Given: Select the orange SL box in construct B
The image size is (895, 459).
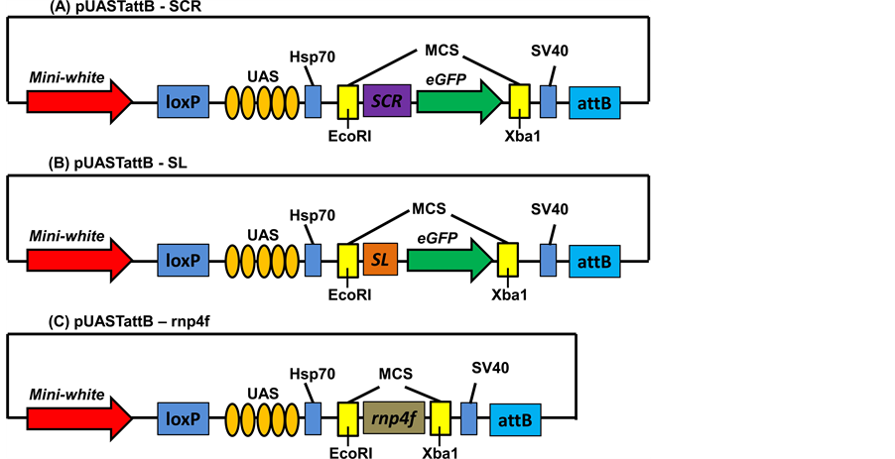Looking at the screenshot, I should pyautogui.click(x=379, y=260).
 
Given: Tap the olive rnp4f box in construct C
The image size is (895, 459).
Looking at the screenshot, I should pyautogui.click(x=394, y=417).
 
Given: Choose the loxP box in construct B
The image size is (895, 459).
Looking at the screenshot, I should pyautogui.click(x=184, y=261).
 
